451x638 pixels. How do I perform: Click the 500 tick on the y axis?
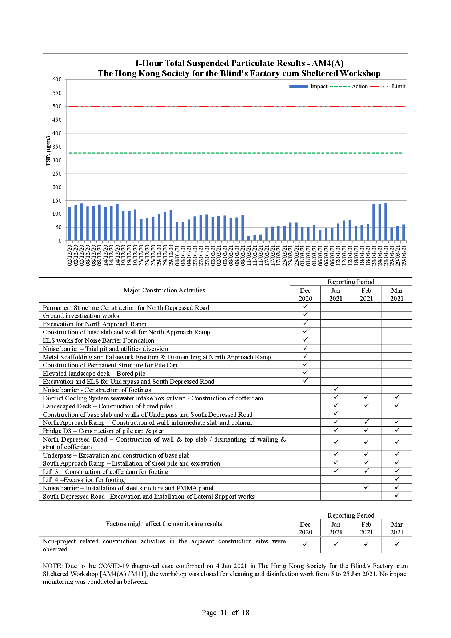point(57,107)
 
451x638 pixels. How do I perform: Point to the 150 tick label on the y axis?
point(57,200)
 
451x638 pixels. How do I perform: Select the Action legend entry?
point(349,87)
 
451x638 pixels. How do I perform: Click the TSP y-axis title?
point(48,151)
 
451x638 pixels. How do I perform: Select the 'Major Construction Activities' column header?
point(164,290)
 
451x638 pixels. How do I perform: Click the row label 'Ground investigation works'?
point(81,316)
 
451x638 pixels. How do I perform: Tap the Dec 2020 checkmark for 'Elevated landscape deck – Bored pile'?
point(306,372)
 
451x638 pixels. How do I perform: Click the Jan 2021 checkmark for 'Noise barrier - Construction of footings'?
point(336,389)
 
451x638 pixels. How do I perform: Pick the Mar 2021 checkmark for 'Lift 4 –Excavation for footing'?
point(397,479)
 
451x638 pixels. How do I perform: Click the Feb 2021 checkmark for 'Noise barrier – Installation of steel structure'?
point(366,487)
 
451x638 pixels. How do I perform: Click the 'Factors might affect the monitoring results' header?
point(164,524)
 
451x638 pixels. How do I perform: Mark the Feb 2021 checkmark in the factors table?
point(366,544)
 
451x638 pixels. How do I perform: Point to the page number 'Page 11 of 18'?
point(225,613)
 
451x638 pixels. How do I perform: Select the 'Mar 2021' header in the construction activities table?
point(397,295)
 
